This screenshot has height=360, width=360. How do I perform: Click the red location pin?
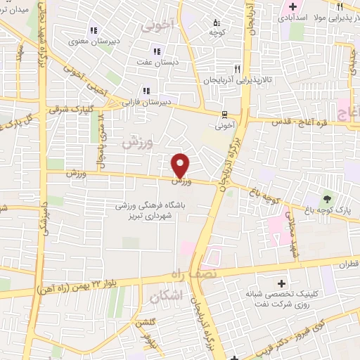pyautogui.click(x=181, y=165)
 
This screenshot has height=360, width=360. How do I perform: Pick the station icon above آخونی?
pyautogui.click(x=224, y=114)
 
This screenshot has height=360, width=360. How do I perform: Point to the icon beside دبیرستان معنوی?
pyautogui.click(x=92, y=30)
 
